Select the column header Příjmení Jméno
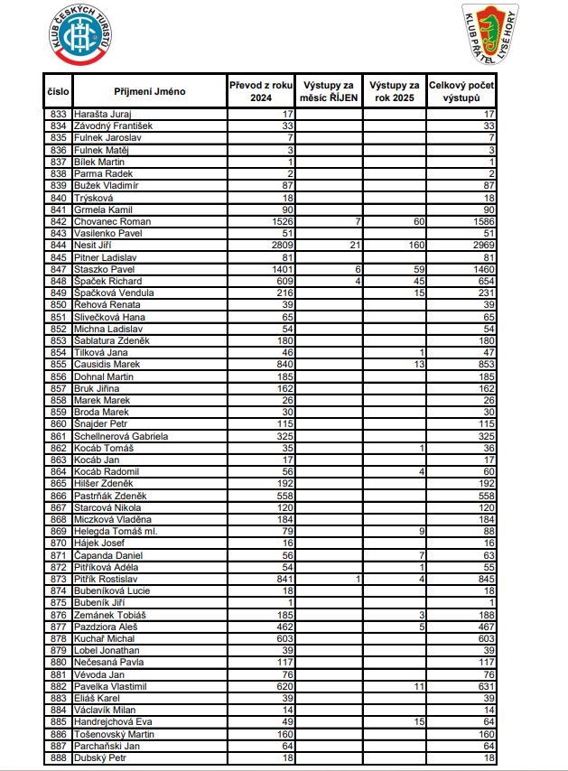[x=150, y=91]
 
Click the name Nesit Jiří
[x=95, y=246]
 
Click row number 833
[x=59, y=114]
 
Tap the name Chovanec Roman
[x=112, y=221]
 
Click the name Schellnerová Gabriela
[x=121, y=436]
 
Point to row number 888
[x=59, y=758]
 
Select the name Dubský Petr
[x=101, y=758]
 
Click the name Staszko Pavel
[x=104, y=269]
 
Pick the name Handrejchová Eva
[x=113, y=722]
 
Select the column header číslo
[x=59, y=91]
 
